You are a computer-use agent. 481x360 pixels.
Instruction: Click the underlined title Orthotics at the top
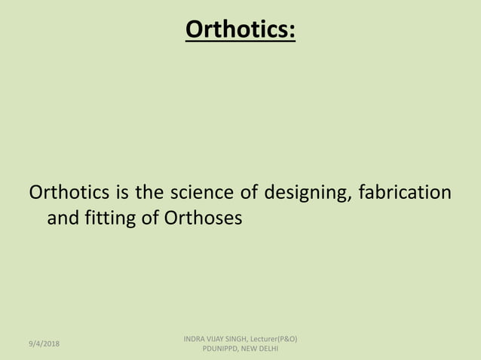click(x=240, y=29)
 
